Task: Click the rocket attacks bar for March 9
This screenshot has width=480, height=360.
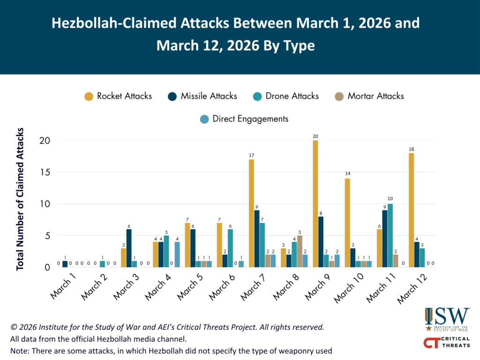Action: point(315,204)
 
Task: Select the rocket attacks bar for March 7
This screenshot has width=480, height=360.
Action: point(252,213)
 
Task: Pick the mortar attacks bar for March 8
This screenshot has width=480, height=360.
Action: point(300,251)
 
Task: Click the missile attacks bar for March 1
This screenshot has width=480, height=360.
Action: point(65,264)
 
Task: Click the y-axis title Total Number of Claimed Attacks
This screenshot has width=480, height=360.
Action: point(21,199)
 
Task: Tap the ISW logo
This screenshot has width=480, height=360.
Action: point(447,319)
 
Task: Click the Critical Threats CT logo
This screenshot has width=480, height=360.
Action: point(446,344)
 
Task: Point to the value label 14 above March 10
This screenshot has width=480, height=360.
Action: point(347,173)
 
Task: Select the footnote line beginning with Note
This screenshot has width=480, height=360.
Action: point(171,351)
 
